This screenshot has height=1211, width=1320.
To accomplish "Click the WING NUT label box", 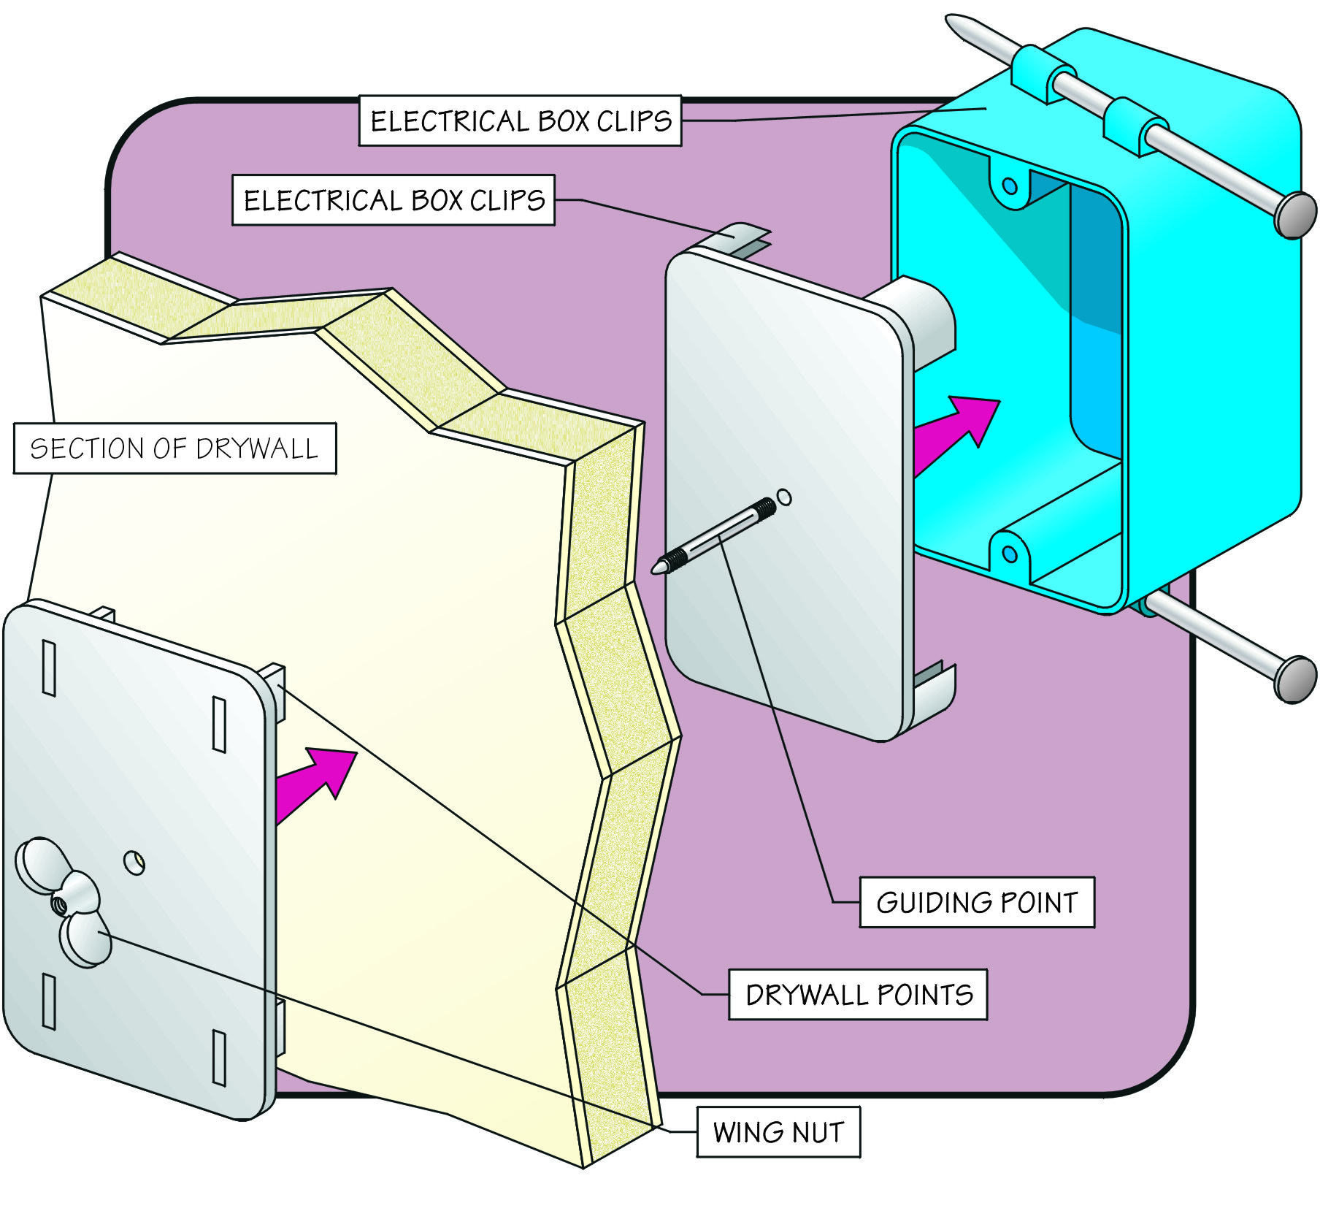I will pyautogui.click(x=778, y=1131).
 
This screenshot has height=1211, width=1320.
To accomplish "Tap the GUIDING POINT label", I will pyautogui.click(x=977, y=902).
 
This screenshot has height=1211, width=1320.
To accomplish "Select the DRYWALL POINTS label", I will pyautogui.click(x=858, y=994).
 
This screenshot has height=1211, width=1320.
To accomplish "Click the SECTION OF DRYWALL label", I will pyautogui.click(x=174, y=448).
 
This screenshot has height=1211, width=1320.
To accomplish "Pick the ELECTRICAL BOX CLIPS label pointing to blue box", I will pyautogui.click(x=520, y=121).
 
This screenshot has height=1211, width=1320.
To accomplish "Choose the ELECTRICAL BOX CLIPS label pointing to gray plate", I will pyautogui.click(x=394, y=199).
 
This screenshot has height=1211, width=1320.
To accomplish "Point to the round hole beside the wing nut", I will pyautogui.click(x=134, y=863).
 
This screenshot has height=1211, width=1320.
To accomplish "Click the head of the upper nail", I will pyautogui.click(x=1295, y=215).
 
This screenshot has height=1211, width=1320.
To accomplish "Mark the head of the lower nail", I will pyautogui.click(x=1295, y=679).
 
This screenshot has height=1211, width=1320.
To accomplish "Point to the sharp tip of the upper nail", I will pyautogui.click(x=951, y=20).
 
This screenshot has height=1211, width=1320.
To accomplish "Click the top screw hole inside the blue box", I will pyautogui.click(x=1010, y=186).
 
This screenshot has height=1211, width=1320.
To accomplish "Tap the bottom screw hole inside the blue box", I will pyautogui.click(x=1010, y=554).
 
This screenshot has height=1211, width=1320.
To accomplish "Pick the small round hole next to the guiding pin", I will pyautogui.click(x=784, y=497).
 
